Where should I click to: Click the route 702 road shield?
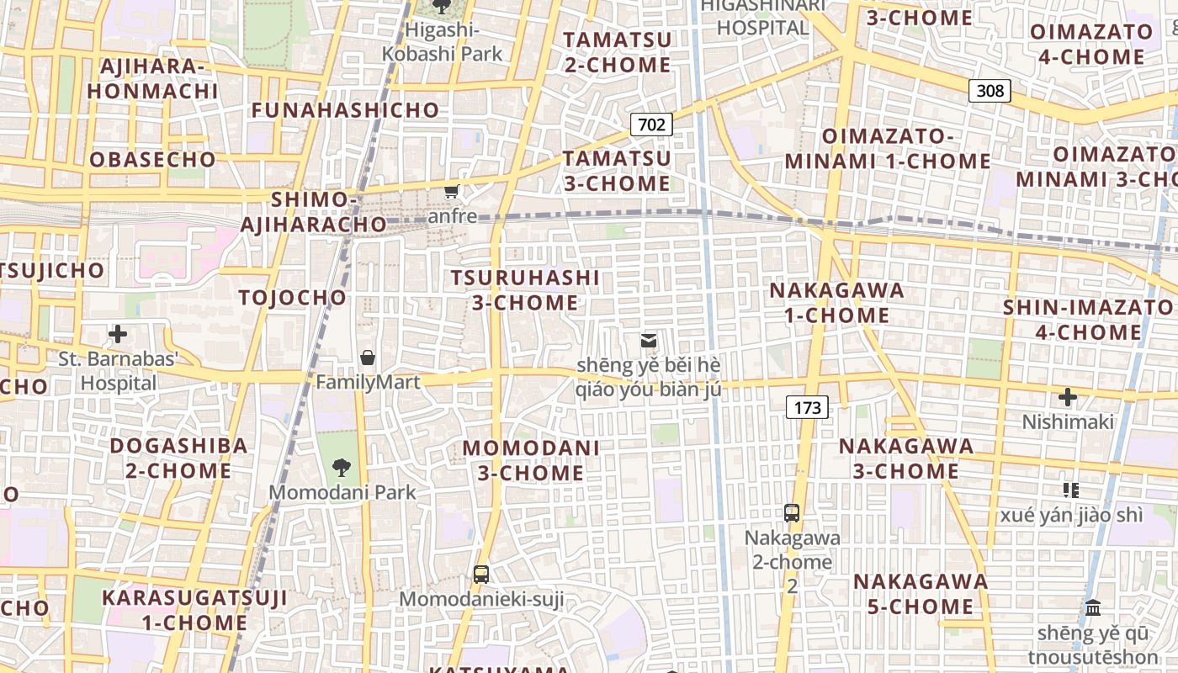coord(651,125)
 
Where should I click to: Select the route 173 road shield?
coord(807,408)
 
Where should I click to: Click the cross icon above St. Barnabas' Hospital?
coord(118,334)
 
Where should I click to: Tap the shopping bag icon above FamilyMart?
coord(368,358)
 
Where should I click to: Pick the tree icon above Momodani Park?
coord(342,467)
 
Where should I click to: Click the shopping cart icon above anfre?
coord(452,192)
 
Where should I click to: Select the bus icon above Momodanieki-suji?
coord(481,575)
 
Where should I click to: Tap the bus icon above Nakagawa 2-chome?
coord(792,512)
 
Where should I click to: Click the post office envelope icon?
coord(649,341)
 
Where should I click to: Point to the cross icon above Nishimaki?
coord(1067,397)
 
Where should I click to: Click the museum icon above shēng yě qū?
coord(1093,607)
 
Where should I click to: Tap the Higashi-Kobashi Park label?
coord(442,42)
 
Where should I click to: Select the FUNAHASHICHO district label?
coord(345,110)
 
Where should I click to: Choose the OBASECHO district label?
coord(152,159)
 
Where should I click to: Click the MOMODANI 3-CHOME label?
coord(531,460)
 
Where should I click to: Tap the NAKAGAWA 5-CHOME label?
coord(921,594)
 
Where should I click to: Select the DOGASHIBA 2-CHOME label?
coord(178,458)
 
